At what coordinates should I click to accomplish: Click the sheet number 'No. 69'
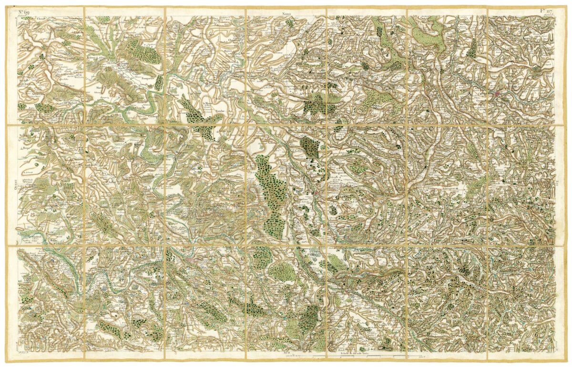[24, 11]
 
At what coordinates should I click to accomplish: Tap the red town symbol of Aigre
[119, 63]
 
